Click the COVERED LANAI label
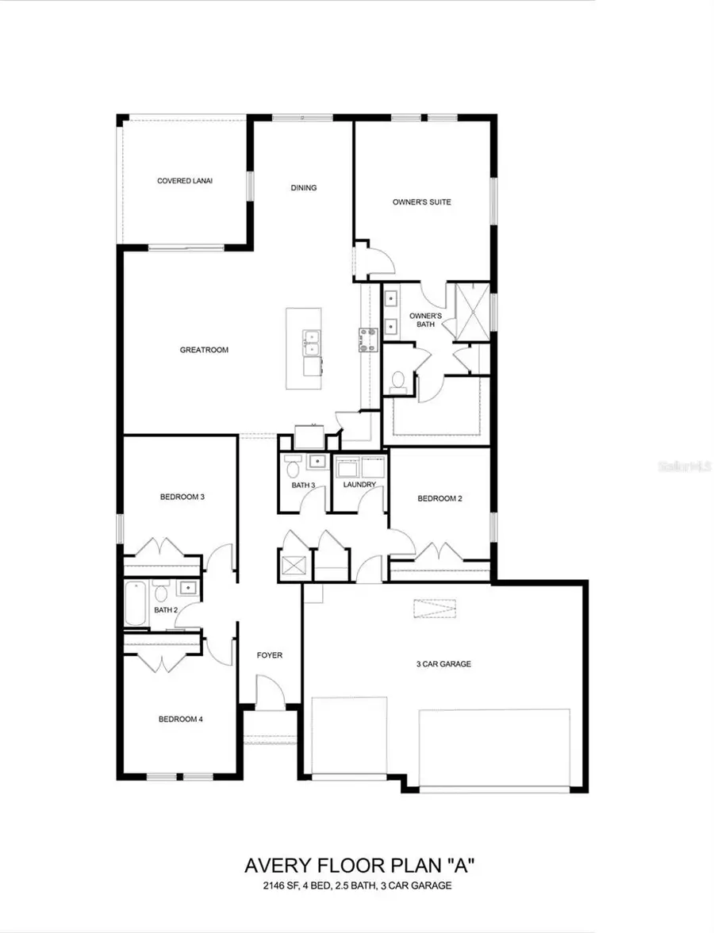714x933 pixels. tap(185, 181)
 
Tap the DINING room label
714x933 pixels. tap(304, 188)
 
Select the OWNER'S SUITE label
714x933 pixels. tap(421, 202)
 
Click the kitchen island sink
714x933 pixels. tap(312, 343)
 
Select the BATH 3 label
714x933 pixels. tap(303, 485)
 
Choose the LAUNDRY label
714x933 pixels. tap(359, 484)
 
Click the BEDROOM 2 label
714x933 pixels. tap(440, 498)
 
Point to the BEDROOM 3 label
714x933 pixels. tap(182, 497)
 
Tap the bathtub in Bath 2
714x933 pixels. tap(136, 604)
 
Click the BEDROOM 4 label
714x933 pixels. tap(181, 720)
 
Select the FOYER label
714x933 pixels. tap(270, 655)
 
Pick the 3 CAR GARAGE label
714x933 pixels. tap(443, 664)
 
